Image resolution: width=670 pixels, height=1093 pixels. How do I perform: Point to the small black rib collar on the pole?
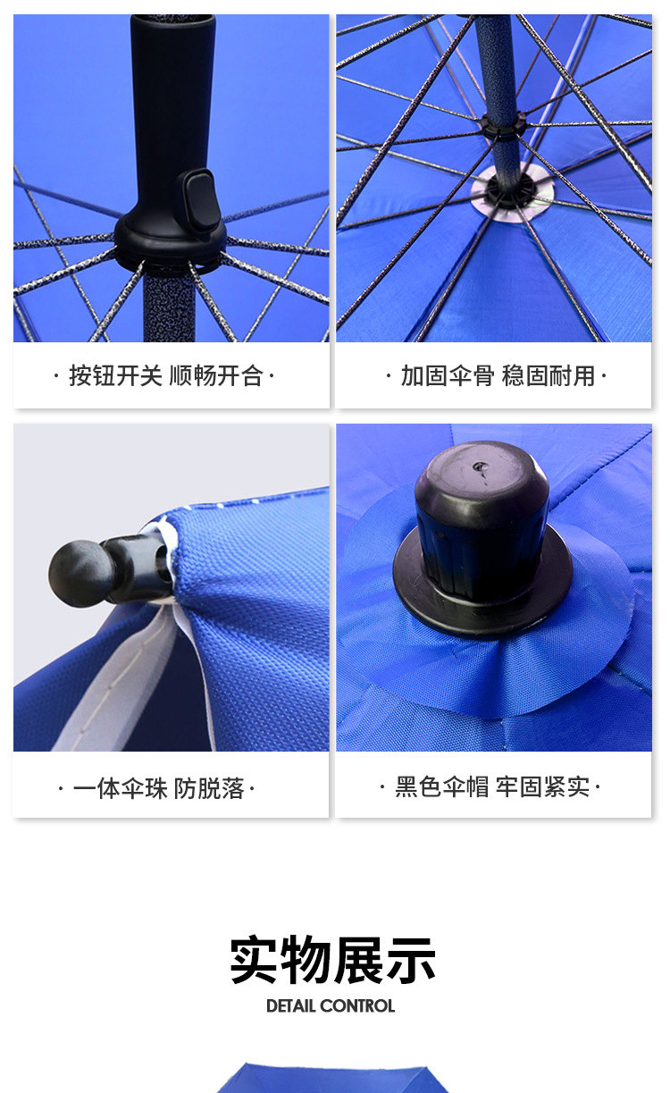pyautogui.click(x=501, y=124)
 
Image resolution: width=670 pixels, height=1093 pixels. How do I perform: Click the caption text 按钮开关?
pyautogui.click(x=115, y=376)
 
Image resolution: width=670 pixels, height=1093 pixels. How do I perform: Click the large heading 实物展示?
pyautogui.click(x=332, y=961)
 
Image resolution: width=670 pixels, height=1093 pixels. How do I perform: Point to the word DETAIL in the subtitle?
pyautogui.click(x=290, y=1006)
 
